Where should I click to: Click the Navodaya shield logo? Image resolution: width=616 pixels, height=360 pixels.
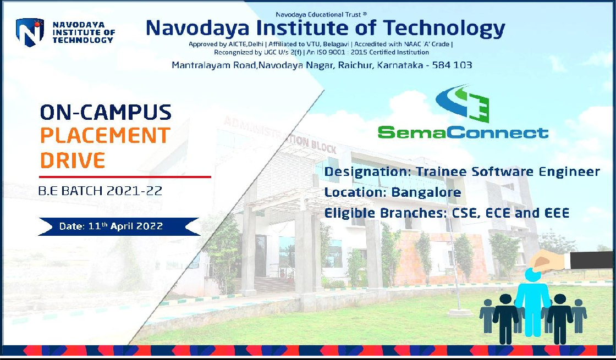point(30,32)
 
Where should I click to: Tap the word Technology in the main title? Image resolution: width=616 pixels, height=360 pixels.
point(444,28)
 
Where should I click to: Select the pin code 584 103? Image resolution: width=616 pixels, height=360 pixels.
point(452,65)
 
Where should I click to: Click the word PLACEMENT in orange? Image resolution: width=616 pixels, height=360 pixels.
point(105,135)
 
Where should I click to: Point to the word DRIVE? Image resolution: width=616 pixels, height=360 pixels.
point(73,160)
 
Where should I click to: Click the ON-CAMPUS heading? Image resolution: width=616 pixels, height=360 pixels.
point(106,112)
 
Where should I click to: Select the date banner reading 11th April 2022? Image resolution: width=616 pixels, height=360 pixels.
point(119,226)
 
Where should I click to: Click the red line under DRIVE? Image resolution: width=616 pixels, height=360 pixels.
point(125,177)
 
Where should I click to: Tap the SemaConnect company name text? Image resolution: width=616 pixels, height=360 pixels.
point(463,132)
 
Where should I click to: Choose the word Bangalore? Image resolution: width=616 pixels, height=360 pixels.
point(426,192)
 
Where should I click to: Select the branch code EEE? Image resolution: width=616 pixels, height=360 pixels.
point(557,213)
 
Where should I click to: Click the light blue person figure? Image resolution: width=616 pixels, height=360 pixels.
point(533,302)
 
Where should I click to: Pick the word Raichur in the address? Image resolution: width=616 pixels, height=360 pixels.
point(355,65)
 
